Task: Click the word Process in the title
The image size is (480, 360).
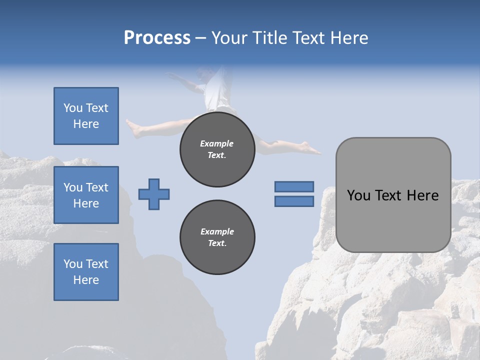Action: point(157,38)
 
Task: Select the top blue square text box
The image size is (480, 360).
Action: point(86,116)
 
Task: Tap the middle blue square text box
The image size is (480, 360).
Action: point(86,195)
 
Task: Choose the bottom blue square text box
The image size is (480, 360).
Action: point(86,272)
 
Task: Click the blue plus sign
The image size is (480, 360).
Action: point(154,194)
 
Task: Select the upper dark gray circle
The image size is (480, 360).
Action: point(217,149)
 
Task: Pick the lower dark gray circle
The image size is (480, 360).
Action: point(217,237)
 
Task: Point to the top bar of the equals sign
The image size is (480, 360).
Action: point(294,186)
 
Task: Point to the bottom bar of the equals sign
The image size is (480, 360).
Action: point(294,201)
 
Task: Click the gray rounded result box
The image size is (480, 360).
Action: point(393,195)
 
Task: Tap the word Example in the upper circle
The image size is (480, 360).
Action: point(217,143)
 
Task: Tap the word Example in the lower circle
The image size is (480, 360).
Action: point(217,231)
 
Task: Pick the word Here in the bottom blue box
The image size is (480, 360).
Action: point(86,280)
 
